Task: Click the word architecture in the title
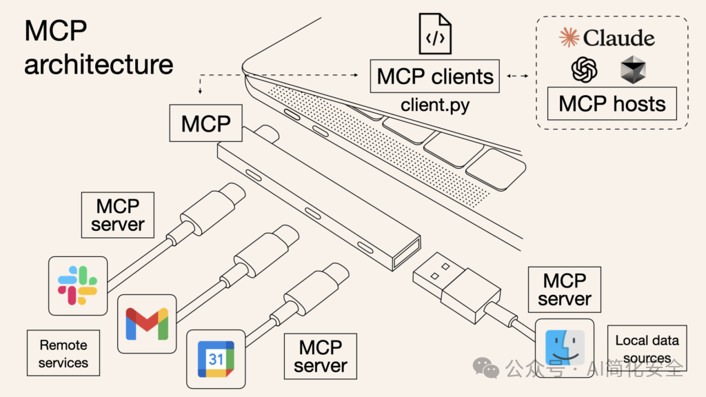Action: [x=99, y=65]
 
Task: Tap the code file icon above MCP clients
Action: [x=435, y=34]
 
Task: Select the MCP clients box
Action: [x=435, y=77]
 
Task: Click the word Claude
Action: [x=618, y=38]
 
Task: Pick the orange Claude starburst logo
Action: [x=569, y=38]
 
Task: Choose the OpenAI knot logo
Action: [x=583, y=70]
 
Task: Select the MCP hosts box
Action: [x=612, y=104]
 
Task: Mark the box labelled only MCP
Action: [x=205, y=124]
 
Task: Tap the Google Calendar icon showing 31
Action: [x=216, y=358]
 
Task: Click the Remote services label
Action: [x=63, y=353]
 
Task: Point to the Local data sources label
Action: [x=647, y=349]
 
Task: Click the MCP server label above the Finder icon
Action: [x=565, y=289]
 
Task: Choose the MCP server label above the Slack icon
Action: [x=118, y=215]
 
